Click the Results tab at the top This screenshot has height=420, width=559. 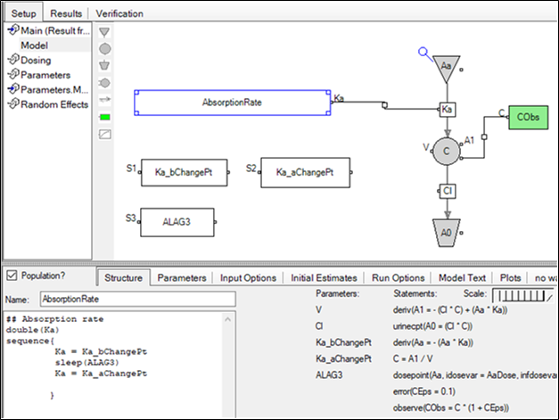pyautogui.click(x=66, y=13)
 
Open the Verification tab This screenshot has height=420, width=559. pyautogui.click(x=119, y=13)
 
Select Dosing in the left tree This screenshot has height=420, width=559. pyautogui.click(x=36, y=60)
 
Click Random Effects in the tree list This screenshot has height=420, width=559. pyautogui.click(x=54, y=104)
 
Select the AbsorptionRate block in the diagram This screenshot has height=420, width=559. pyautogui.click(x=232, y=103)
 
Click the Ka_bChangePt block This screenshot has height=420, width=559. pyautogui.click(x=183, y=171)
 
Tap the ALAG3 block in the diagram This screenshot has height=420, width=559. pyautogui.click(x=177, y=222)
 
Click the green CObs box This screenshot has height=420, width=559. pyautogui.click(x=528, y=117)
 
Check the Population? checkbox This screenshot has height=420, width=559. pyautogui.click(x=12, y=276)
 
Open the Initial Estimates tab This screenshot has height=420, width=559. pyautogui.click(x=325, y=278)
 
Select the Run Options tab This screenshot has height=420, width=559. pyautogui.click(x=398, y=278)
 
